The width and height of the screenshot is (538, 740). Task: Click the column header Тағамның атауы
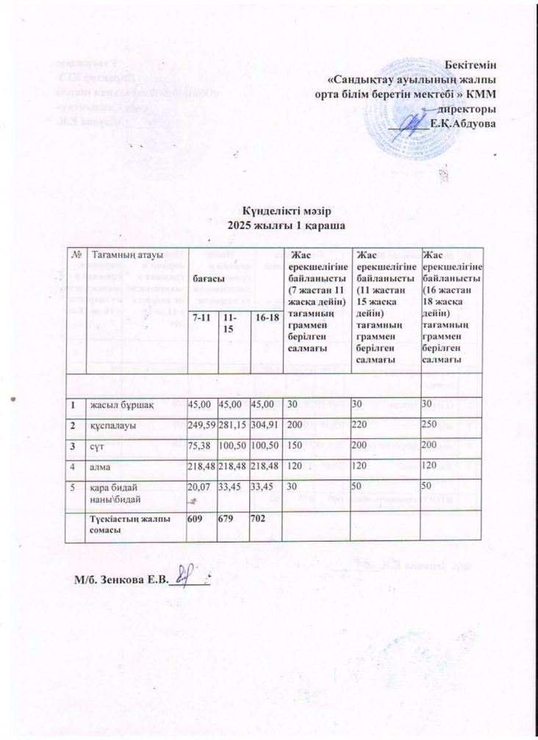pos(123,255)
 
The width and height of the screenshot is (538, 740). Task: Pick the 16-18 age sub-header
pos(265,316)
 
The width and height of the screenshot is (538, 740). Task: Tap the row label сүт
pos(98,446)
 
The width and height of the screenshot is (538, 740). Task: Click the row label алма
pos(101,466)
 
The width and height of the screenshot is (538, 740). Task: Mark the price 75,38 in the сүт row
pos(200,446)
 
